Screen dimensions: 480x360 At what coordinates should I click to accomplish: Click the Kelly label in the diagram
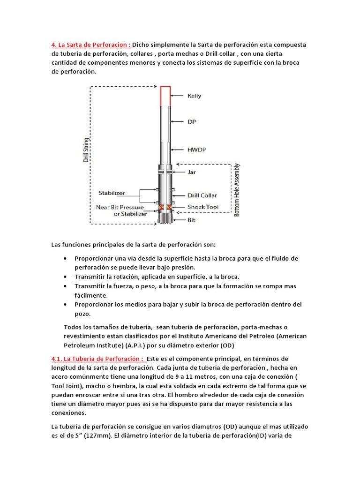194,96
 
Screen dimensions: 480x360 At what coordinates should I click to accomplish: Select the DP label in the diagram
192,121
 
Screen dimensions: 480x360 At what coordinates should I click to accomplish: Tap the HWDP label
196,150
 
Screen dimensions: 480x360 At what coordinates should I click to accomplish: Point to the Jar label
191,172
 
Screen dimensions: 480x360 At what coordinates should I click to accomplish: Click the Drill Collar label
202,195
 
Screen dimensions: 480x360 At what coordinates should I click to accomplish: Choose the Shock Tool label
202,207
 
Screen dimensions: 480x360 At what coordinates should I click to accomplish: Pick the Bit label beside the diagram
191,219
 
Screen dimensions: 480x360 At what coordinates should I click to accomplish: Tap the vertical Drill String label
86,149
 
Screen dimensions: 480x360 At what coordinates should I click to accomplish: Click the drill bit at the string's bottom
165,217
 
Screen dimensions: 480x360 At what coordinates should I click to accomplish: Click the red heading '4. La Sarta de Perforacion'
91,45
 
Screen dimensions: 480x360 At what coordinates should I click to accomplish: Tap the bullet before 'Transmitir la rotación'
64,277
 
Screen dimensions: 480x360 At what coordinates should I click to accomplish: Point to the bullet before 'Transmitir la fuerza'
64,286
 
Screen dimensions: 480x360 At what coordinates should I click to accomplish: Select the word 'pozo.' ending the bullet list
83,314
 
